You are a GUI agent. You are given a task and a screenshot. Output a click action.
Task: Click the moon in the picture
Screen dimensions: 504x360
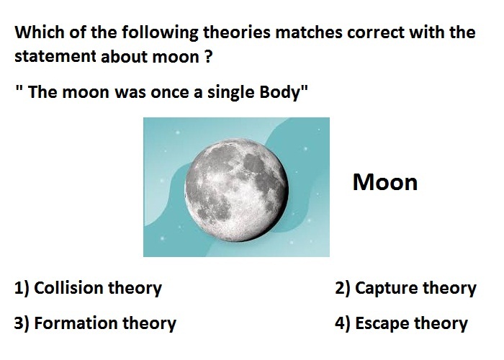237,190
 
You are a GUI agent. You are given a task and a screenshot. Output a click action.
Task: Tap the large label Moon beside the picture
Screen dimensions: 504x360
385,182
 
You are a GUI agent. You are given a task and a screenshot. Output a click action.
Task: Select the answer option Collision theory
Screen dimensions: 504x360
88,288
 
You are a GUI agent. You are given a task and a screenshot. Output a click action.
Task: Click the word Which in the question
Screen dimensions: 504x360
40,32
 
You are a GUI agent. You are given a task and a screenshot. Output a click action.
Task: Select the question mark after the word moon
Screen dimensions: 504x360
208,57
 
